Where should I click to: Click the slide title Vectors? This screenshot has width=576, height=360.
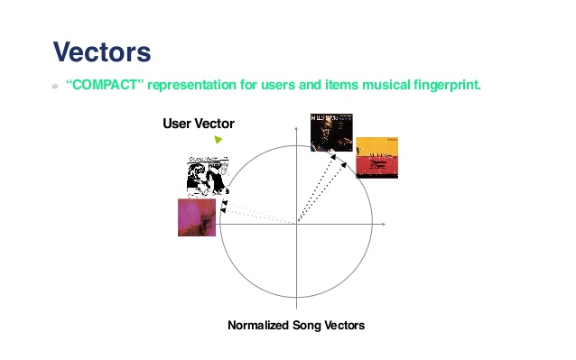(101, 51)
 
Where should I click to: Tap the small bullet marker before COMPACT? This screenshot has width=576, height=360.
(55, 87)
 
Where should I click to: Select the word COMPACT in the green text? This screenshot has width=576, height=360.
(105, 86)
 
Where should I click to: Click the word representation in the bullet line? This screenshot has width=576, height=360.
(193, 86)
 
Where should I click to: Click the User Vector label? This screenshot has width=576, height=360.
(199, 123)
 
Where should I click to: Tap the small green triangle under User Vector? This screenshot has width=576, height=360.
(218, 140)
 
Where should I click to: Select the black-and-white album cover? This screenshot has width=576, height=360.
(207, 177)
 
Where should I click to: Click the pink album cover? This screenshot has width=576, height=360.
(197, 217)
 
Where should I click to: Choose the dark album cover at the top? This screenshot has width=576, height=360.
(330, 132)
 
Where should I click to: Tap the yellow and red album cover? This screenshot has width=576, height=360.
(376, 157)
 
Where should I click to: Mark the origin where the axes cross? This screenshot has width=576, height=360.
(296, 223)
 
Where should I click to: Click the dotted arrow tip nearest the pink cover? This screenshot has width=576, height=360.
(223, 210)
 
